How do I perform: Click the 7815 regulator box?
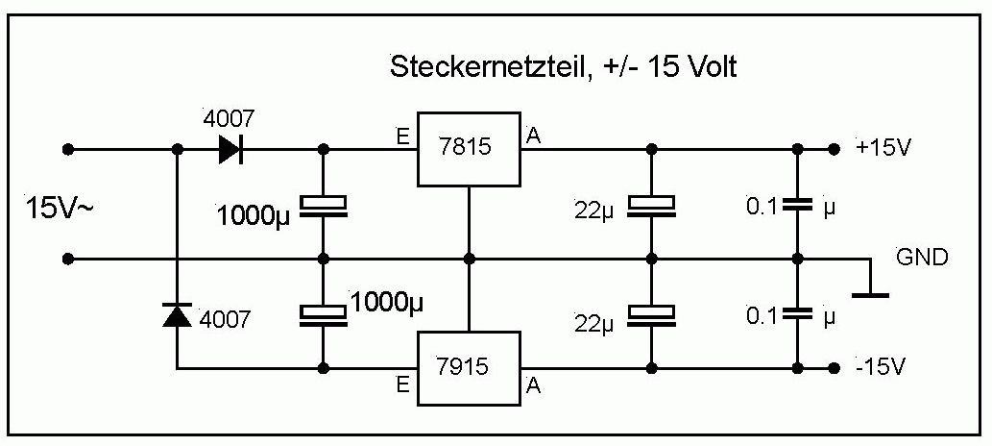click(468, 149)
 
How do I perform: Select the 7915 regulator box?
click(468, 367)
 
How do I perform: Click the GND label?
click(922, 258)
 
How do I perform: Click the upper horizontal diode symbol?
click(230, 149)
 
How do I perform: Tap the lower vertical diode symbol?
click(178, 314)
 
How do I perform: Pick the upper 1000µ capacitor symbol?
click(323, 206)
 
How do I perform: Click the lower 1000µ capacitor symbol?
click(323, 313)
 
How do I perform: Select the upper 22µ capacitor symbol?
click(652, 206)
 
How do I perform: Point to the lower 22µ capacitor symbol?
click(652, 313)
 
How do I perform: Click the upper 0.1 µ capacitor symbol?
click(796, 205)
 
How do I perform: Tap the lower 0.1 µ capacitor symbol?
click(796, 313)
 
